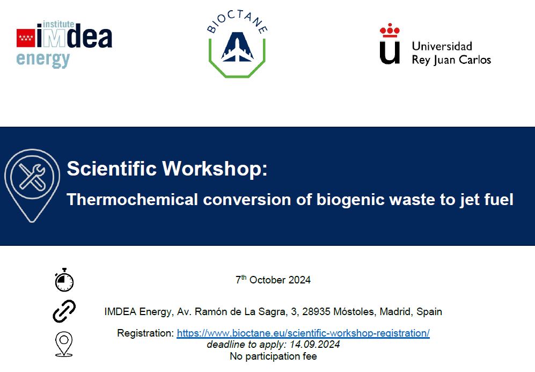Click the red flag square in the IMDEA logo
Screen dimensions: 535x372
[26, 38]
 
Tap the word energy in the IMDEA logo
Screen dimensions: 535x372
[43, 60]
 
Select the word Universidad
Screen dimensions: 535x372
[442, 46]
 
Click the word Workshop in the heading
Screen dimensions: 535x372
[215, 168]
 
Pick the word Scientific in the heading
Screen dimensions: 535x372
[112, 168]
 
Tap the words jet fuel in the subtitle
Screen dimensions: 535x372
[487, 200]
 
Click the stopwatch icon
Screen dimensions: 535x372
[64, 280]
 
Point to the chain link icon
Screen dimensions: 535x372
[64, 311]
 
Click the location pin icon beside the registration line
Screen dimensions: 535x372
[64, 344]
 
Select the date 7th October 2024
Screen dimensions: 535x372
[273, 280]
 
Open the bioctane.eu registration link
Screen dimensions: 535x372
[303, 333]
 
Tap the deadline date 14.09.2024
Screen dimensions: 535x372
[314, 344]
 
